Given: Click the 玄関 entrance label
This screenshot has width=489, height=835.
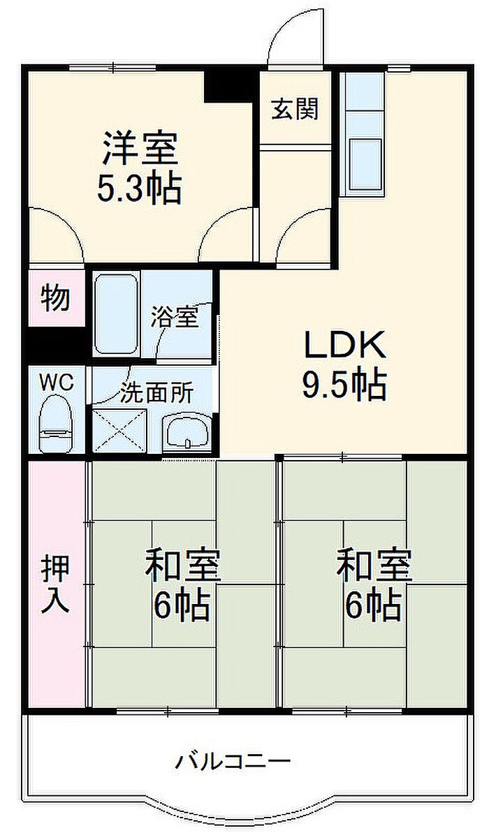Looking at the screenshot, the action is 295,109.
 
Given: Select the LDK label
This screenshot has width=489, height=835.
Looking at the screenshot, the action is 344,345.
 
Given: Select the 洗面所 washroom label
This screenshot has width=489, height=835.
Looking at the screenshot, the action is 156,394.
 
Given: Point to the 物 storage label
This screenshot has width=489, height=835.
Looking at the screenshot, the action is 55,298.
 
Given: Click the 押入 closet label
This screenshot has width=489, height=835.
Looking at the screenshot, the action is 55,585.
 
